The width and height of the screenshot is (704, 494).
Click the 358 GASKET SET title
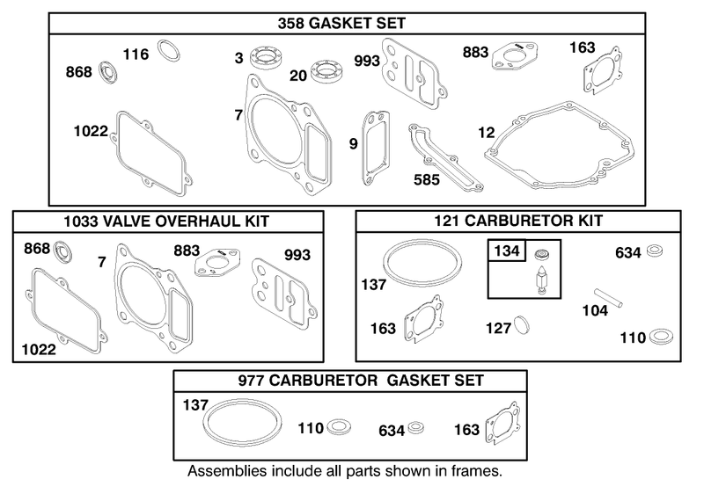(341, 24)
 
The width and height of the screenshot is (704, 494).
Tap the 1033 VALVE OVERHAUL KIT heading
(166, 222)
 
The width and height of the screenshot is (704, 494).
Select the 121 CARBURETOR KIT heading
(518, 221)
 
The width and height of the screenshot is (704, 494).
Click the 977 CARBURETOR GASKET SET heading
(361, 381)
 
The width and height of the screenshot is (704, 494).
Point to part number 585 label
(427, 180)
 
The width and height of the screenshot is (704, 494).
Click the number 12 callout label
(487, 132)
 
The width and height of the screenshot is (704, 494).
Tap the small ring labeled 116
(169, 50)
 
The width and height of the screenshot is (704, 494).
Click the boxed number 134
(507, 251)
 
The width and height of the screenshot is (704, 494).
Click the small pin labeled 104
(608, 298)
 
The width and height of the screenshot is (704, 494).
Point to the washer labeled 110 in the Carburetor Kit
(661, 336)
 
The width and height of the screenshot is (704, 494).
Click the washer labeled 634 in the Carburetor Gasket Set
(416, 427)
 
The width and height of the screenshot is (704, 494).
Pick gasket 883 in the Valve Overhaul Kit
(217, 263)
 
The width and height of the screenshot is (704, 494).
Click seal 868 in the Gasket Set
(108, 71)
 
